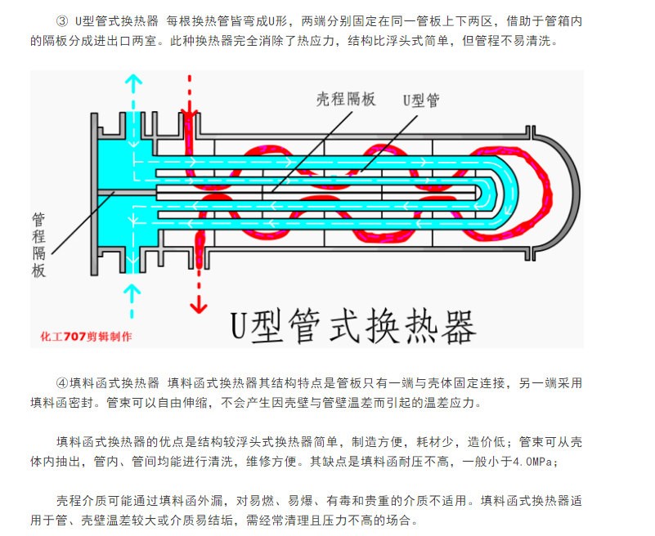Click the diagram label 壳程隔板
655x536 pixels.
pos(346,100)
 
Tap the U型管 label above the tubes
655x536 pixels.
pos(421,100)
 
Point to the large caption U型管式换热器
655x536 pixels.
pos(353,327)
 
